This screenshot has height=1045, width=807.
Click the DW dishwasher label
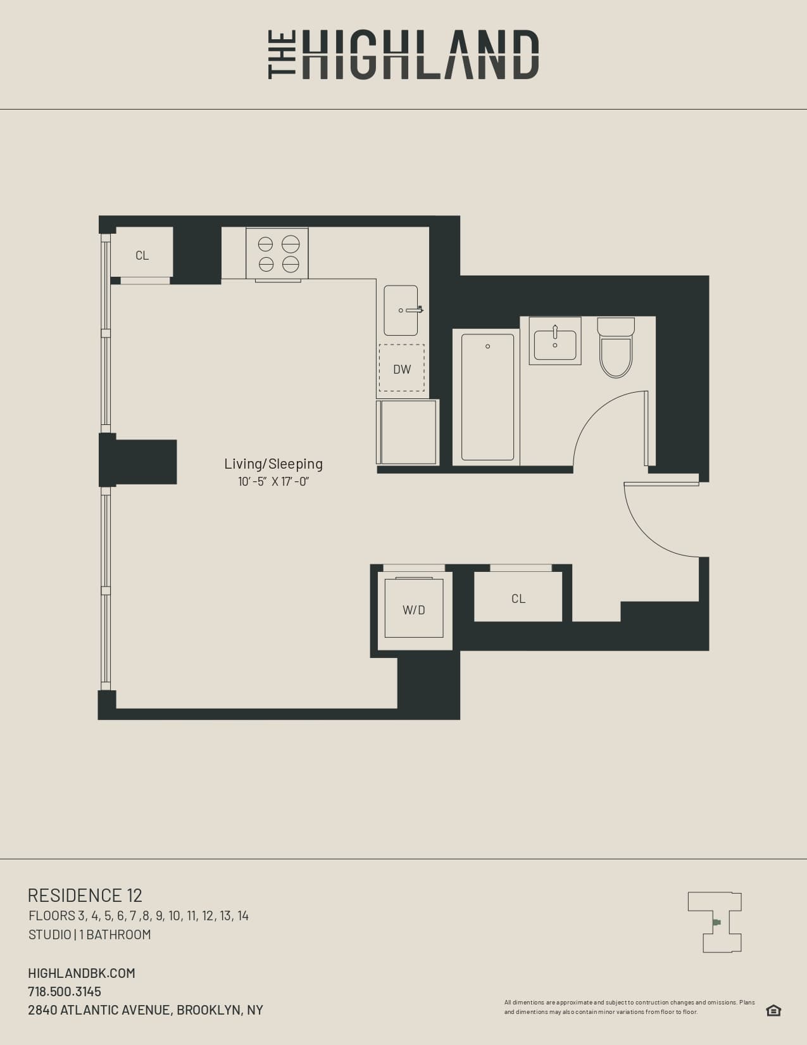pos(402,369)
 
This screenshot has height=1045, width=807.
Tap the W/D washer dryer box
pos(414,609)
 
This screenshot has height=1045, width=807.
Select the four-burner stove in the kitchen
pos(277,253)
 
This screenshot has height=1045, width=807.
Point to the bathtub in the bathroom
pos(487,398)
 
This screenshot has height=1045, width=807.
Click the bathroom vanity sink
pos(555,342)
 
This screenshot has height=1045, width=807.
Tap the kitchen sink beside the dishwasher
pos(401,310)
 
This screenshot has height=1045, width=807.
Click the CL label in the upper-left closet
pos(142,255)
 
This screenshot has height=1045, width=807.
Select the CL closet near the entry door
pos(518,598)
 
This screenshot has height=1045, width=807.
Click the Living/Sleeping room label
pos(273,464)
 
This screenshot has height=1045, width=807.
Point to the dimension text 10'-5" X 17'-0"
pos(273,481)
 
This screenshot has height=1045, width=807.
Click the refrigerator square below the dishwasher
pos(408,432)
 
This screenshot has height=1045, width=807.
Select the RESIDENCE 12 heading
pos(85,895)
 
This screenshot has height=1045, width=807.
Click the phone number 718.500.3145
pos(65,991)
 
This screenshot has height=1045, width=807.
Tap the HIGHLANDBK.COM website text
pos(82,973)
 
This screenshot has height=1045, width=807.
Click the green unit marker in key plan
pos(716,923)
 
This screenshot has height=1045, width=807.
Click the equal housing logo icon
pos(773,1010)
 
